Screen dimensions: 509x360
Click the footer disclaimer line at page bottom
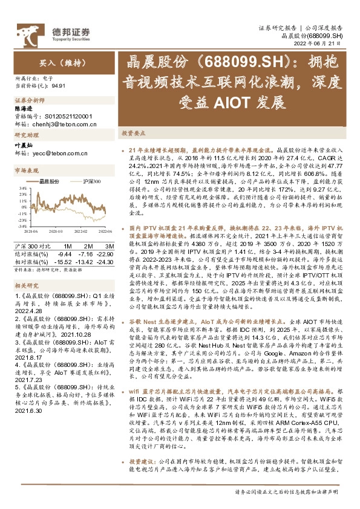pyautogui.click(x=289, y=491)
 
